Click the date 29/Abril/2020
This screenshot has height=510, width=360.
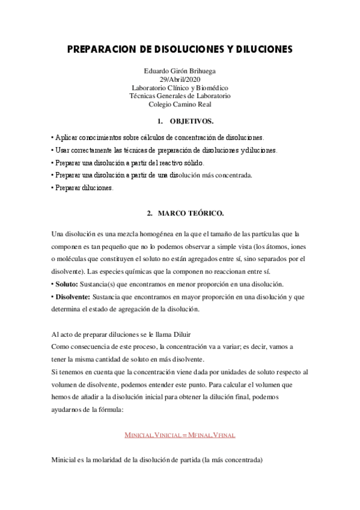180,79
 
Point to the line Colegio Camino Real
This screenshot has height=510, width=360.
180,103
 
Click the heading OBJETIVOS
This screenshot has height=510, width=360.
192,120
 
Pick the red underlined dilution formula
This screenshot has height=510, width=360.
180,433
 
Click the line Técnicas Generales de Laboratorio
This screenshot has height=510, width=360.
180,96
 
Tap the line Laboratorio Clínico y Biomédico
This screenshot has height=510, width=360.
180,87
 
